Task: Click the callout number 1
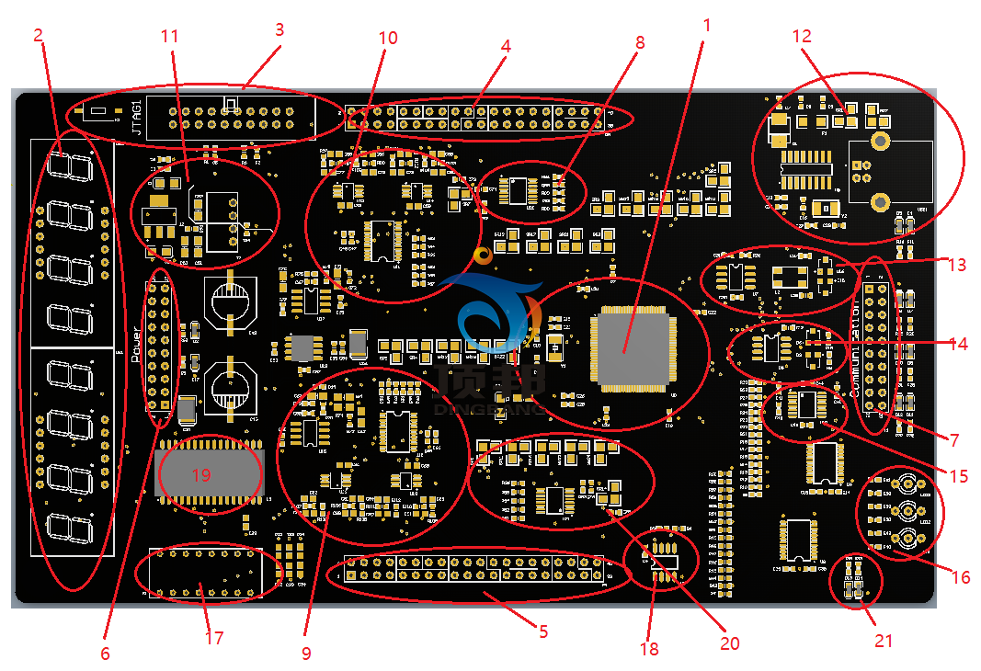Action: pyautogui.click(x=706, y=25)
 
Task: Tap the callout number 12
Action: pyautogui.click(x=802, y=37)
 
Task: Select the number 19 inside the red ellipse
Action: pyautogui.click(x=201, y=474)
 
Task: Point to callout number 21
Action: pyautogui.click(x=883, y=641)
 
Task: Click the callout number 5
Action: pyautogui.click(x=543, y=631)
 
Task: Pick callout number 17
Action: pyautogui.click(x=213, y=638)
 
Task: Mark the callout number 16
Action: pyautogui.click(x=961, y=577)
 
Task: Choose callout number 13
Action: pyautogui.click(x=957, y=265)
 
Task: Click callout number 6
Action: pyautogui.click(x=105, y=654)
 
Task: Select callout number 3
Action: pyautogui.click(x=279, y=29)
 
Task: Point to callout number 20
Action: pyautogui.click(x=729, y=643)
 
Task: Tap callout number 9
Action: pyautogui.click(x=306, y=654)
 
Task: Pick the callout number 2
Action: pyautogui.click(x=38, y=36)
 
